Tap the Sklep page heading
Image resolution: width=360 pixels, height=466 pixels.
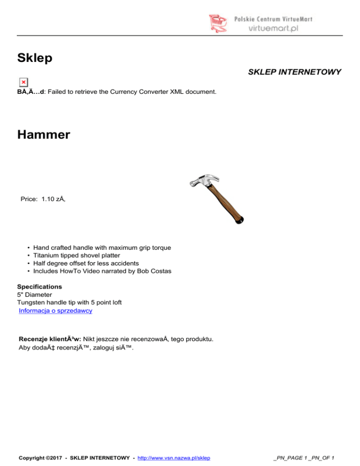click(34, 58)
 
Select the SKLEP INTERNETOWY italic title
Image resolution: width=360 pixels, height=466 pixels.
click(294, 72)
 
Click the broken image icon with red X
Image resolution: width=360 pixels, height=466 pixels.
click(23, 82)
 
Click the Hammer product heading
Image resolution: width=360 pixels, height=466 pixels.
click(44, 135)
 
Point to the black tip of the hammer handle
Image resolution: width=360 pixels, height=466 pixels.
click(240, 219)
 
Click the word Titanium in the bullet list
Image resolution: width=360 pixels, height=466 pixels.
click(47, 256)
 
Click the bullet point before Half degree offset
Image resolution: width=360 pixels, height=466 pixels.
click(29, 263)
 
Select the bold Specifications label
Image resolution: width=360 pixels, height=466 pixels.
click(39, 286)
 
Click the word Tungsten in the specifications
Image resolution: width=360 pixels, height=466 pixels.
click(31, 302)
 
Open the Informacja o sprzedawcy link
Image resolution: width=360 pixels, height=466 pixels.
click(55, 310)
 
